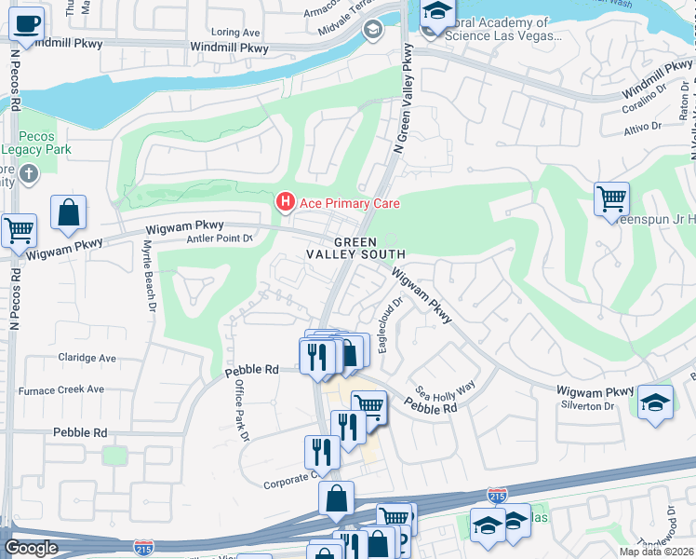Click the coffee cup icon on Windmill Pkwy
coord(27,22)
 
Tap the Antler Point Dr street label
coord(221,239)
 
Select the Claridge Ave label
coord(87,358)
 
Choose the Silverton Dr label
coord(586,406)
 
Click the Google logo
coord(31,548)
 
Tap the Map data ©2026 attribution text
coord(655,552)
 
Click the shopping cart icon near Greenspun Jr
coord(611,198)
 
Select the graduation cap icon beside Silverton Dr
coord(655,402)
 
